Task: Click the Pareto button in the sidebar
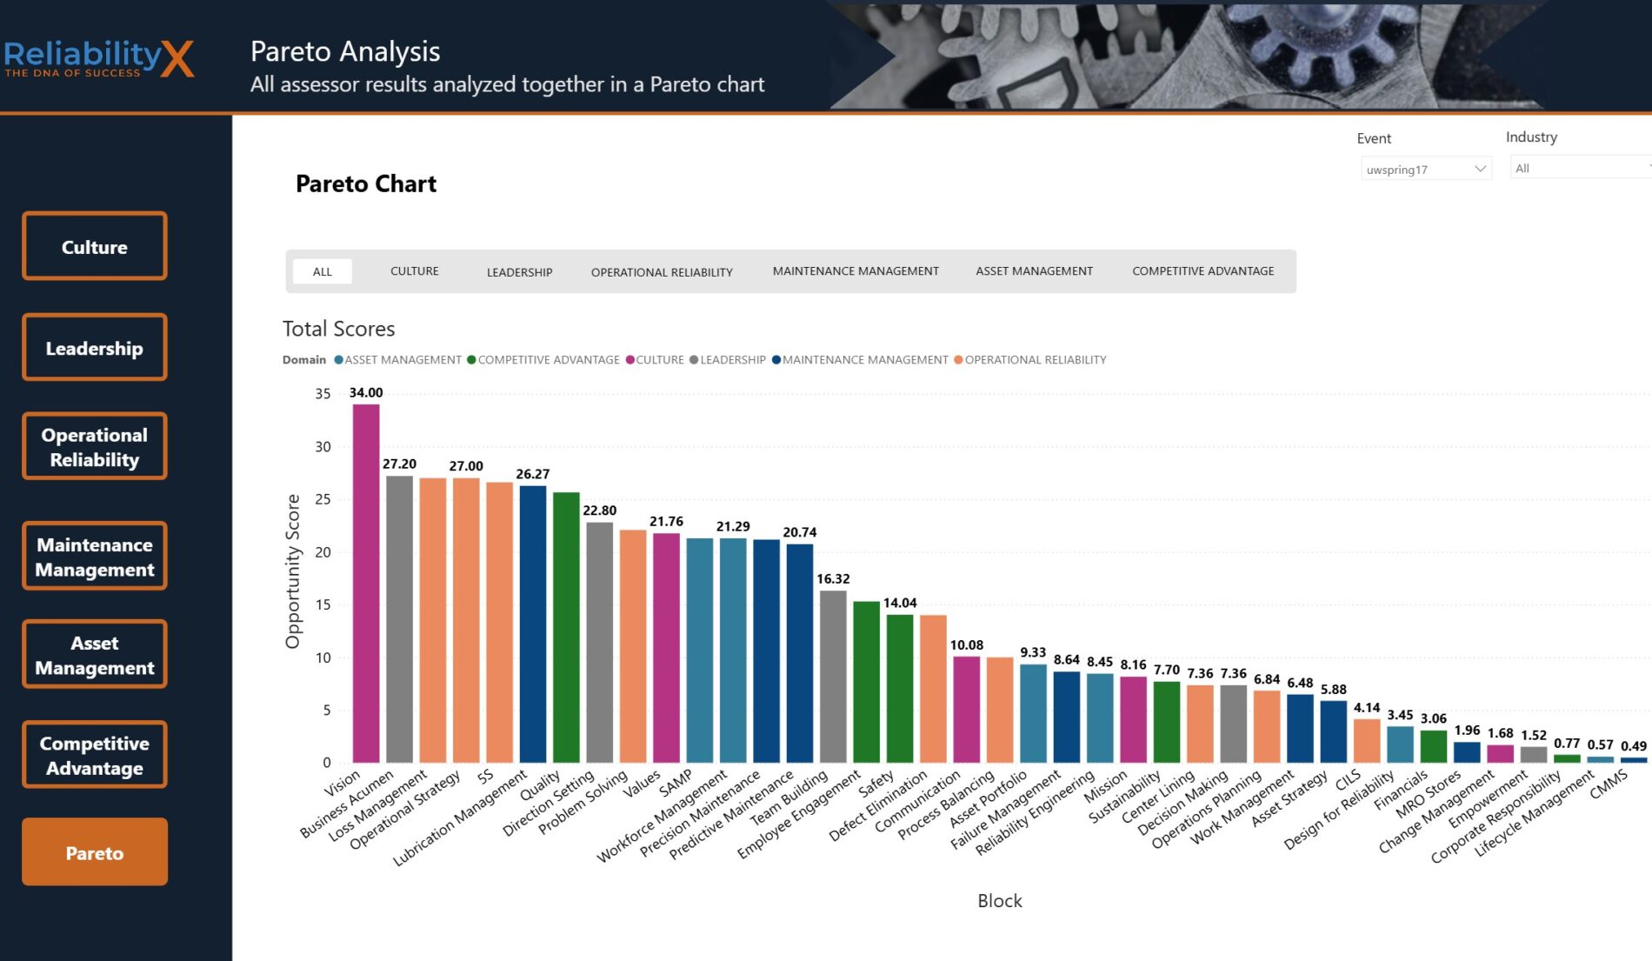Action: [x=95, y=852]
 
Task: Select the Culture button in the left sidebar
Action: [x=95, y=246]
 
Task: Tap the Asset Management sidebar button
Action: [x=95, y=655]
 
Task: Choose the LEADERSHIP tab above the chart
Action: [x=519, y=272]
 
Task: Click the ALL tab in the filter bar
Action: [x=323, y=272]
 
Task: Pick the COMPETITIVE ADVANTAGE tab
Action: [x=1202, y=271]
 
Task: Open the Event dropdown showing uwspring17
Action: [x=1425, y=169]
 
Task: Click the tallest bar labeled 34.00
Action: [x=366, y=583]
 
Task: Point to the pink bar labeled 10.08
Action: [x=966, y=709]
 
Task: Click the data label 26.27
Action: [x=532, y=474]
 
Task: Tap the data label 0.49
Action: [x=1633, y=746]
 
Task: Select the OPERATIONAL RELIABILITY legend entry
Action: [x=1035, y=360]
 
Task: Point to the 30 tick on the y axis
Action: [x=323, y=447]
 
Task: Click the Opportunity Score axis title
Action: [x=293, y=571]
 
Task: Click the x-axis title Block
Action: [x=999, y=901]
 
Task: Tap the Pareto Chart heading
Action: [x=366, y=184]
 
